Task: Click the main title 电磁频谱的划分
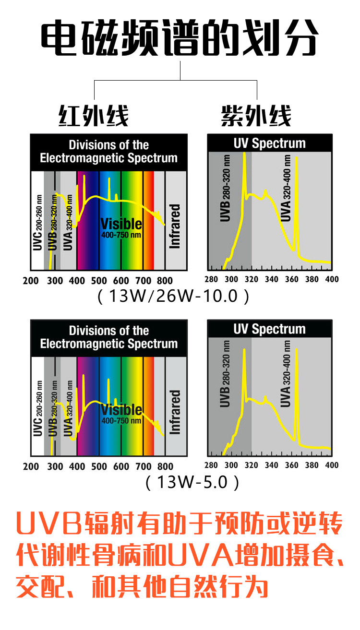(180, 37)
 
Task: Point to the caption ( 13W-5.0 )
(192, 481)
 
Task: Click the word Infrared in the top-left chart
(175, 226)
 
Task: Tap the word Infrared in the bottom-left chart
(175, 412)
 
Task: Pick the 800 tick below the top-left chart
(165, 281)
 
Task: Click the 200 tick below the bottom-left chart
(31, 466)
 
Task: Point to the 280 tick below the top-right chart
(211, 280)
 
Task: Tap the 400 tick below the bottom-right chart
(332, 465)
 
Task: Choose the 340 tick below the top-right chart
(271, 280)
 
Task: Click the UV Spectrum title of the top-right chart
(269, 143)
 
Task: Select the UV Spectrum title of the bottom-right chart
(269, 329)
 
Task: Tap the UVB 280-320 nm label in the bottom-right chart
(225, 374)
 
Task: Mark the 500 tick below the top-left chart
(99, 281)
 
